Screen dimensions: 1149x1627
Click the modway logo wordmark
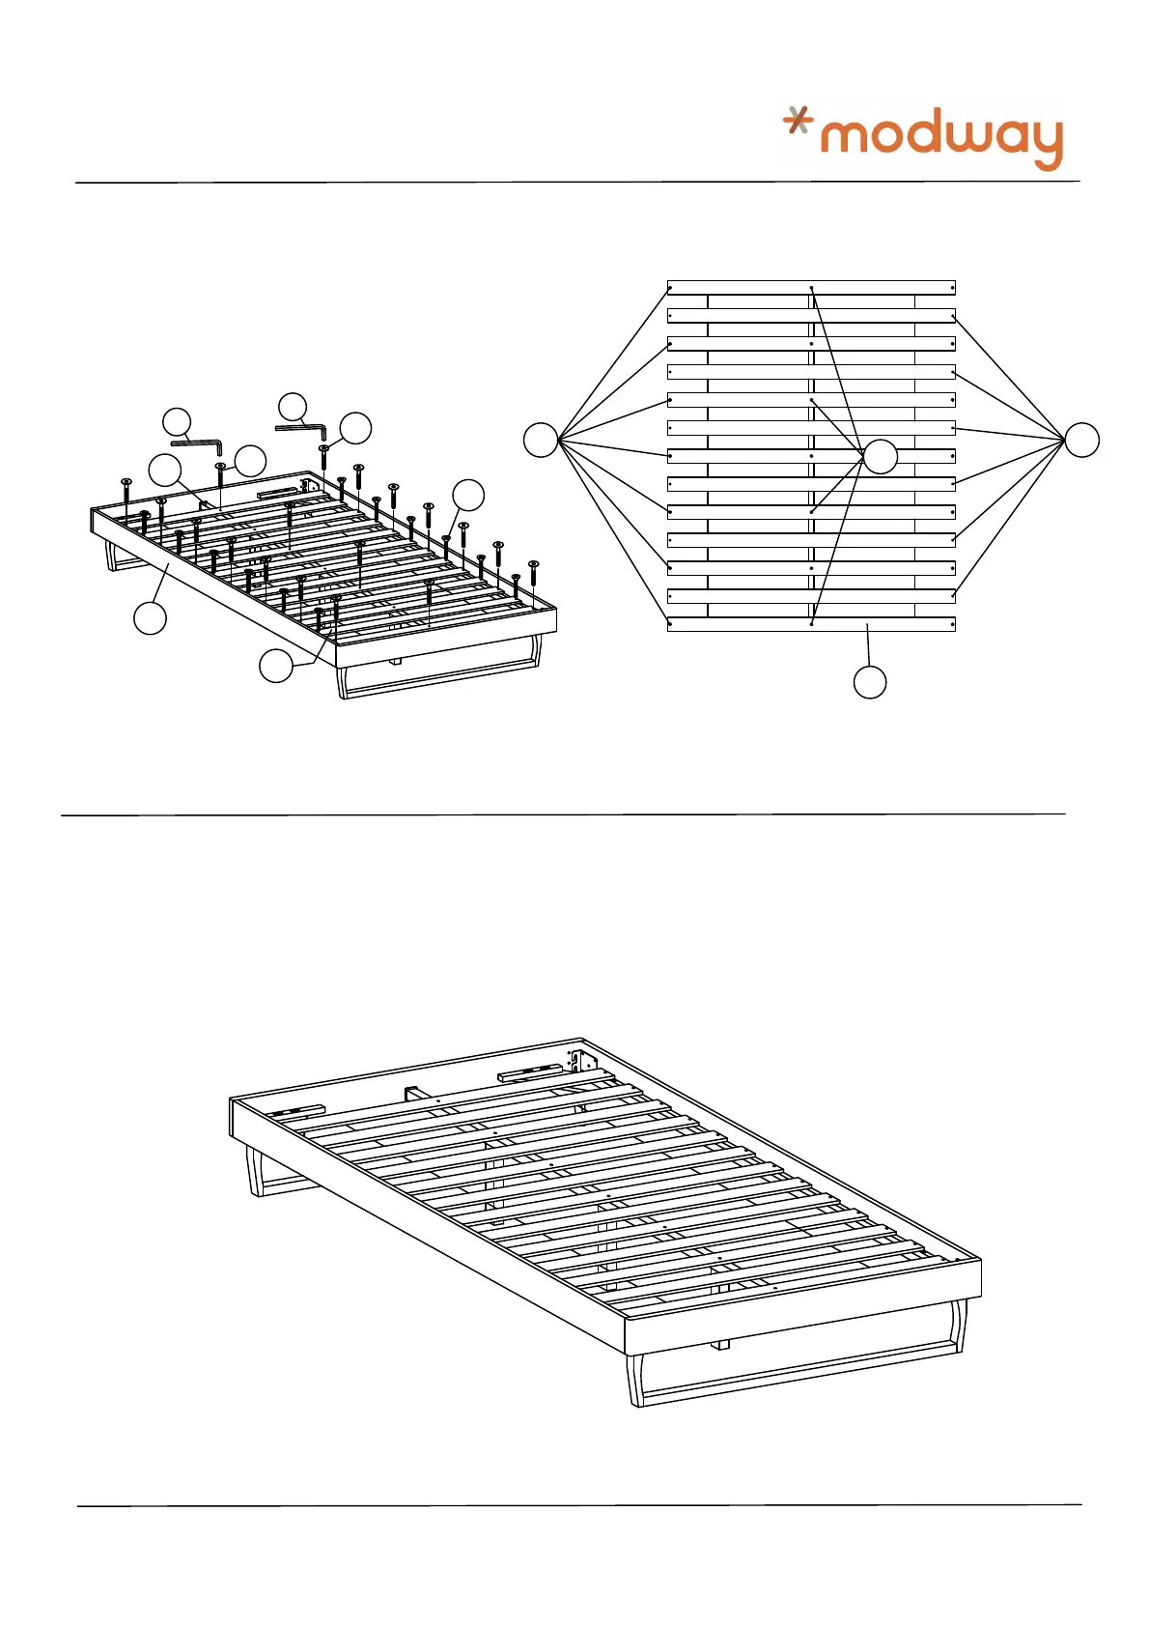pyautogui.click(x=940, y=137)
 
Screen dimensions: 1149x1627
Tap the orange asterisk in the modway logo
pyautogui.click(x=797, y=120)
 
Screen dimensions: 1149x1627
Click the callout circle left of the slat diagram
pyautogui.click(x=541, y=440)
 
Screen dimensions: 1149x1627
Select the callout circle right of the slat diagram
pyautogui.click(x=1081, y=440)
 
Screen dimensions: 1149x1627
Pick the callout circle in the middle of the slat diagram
pyautogui.click(x=880, y=456)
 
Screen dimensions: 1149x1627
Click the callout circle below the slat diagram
pyautogui.click(x=870, y=682)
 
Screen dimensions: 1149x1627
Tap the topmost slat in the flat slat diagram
pyautogui.click(x=811, y=287)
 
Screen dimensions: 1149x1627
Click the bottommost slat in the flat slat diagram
pyautogui.click(x=811, y=624)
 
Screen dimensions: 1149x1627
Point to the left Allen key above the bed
pyautogui.click(x=199, y=444)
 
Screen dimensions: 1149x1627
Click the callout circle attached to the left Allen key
pyautogui.click(x=177, y=422)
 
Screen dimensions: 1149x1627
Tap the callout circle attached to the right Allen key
pyautogui.click(x=292, y=406)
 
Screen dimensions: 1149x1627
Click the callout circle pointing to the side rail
pyautogui.click(x=150, y=617)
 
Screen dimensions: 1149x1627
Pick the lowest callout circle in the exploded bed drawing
pyautogui.click(x=276, y=666)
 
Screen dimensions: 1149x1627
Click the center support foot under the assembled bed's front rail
pyautogui.click(x=720, y=1344)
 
